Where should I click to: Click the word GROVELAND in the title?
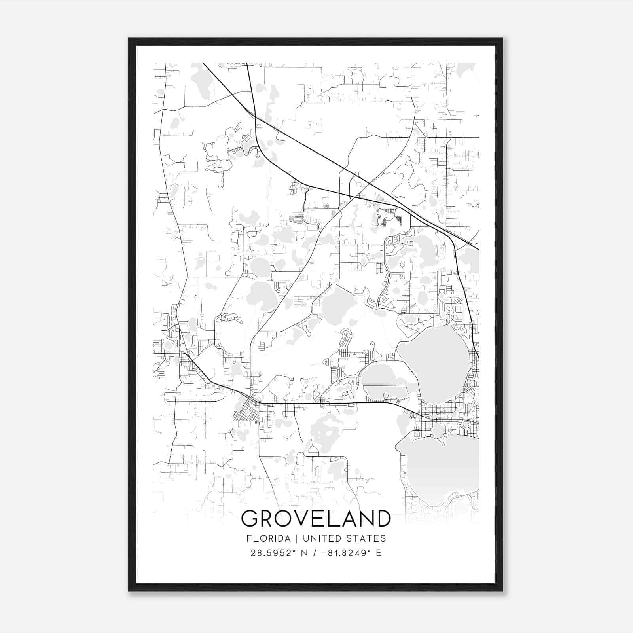click(x=316, y=518)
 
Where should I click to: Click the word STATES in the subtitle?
click(x=366, y=538)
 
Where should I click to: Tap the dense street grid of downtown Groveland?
click(x=245, y=413)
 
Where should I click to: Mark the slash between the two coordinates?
click(x=315, y=553)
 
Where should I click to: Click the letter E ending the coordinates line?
click(x=379, y=553)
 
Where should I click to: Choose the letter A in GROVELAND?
click(x=350, y=518)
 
